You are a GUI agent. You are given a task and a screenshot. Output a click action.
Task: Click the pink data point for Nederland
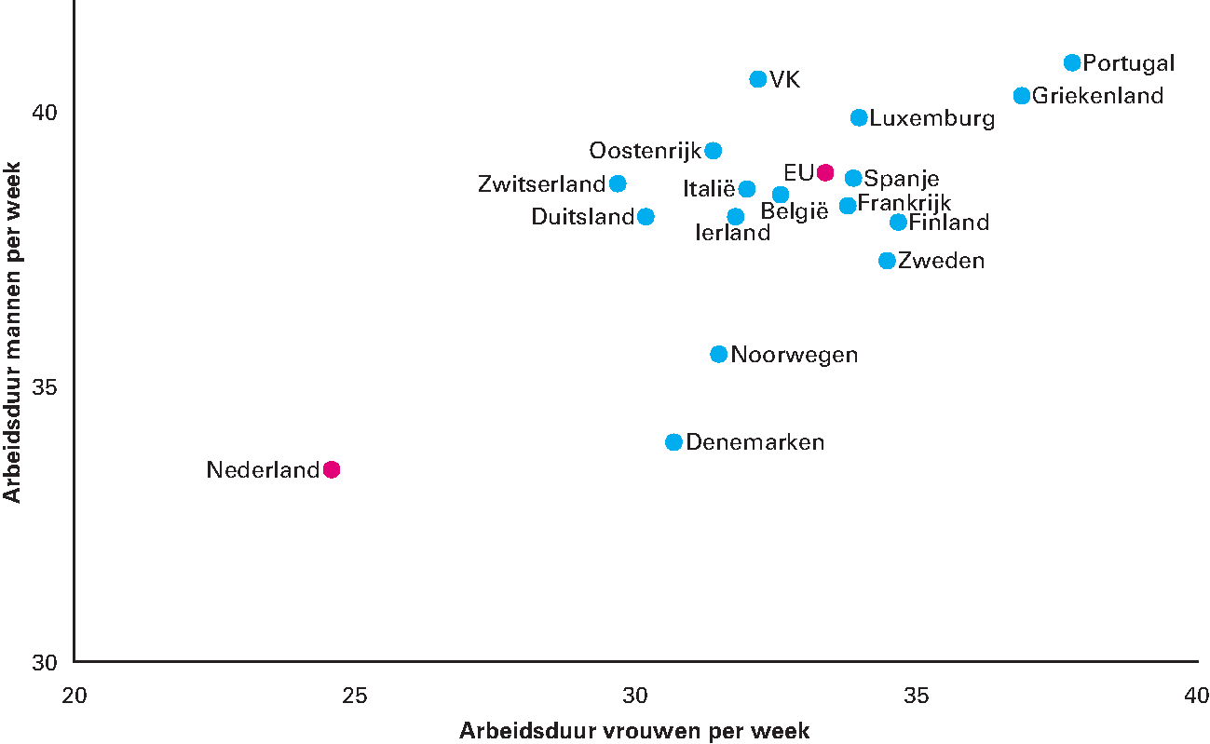coord(332,469)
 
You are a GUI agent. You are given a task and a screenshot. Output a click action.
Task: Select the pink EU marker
coord(825,172)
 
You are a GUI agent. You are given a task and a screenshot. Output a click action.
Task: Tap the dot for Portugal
coord(1072,62)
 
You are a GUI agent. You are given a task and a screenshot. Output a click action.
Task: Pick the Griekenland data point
coord(1022,96)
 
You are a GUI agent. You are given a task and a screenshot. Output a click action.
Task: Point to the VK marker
coord(758,79)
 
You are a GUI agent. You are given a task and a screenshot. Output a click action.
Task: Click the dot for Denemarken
coord(674,442)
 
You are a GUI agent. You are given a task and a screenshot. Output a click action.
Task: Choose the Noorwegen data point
coord(719,354)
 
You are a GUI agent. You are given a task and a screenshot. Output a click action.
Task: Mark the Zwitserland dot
coord(618,183)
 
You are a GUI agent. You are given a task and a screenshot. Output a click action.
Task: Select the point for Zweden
coord(888,261)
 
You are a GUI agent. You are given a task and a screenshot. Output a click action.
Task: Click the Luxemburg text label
coord(932,119)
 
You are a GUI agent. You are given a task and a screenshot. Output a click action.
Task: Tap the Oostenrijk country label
coord(645,151)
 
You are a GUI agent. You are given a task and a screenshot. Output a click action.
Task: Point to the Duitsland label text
coord(582,217)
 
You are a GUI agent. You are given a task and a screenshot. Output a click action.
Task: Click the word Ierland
coord(733,234)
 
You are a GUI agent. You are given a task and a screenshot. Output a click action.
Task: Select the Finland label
coord(948,223)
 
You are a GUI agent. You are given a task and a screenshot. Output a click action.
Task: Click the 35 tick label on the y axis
coord(45,387)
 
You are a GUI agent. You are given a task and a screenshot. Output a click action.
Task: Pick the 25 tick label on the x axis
coord(354,697)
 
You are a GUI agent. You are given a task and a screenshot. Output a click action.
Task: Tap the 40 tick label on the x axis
coord(1196,697)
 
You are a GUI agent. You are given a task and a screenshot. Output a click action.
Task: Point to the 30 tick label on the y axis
coord(45,663)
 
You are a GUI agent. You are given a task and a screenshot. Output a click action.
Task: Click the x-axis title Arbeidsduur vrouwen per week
coord(634,731)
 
